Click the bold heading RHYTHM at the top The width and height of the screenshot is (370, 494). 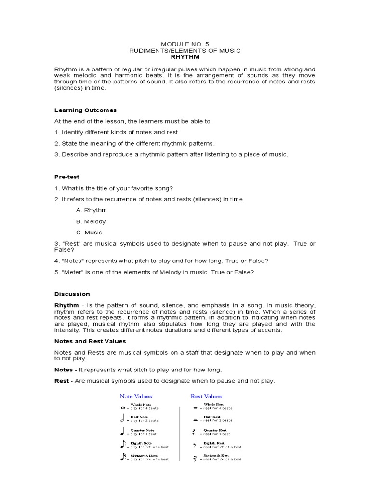[185, 57]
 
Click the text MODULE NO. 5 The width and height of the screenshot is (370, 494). [185, 43]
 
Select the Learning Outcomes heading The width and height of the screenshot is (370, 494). [85, 110]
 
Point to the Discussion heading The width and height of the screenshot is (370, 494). [72, 294]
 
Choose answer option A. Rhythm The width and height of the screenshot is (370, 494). [92, 210]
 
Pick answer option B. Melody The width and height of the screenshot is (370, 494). [91, 221]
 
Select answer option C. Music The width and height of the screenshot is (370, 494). [89, 233]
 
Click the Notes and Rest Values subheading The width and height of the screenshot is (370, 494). [90, 341]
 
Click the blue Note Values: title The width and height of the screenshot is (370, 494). [136, 396]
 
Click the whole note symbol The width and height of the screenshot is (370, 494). [122, 408]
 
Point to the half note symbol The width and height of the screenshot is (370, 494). [122, 419]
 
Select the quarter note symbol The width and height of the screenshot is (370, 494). [122, 432]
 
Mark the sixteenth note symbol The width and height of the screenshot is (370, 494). [122, 457]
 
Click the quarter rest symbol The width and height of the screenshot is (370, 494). [194, 432]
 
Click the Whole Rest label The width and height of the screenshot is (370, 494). [213, 405]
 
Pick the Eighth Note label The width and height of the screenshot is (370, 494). [141, 443]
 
